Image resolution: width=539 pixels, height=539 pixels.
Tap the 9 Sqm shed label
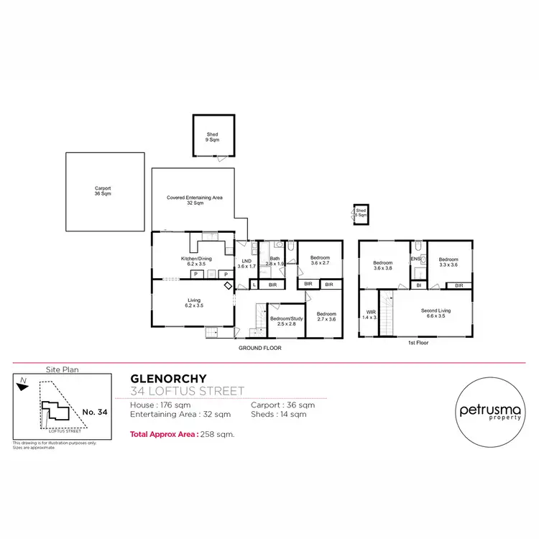pyautogui.click(x=212, y=137)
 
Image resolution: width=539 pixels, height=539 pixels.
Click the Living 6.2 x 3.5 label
pyautogui.click(x=193, y=303)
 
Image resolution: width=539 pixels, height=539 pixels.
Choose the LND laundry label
pyautogui.click(x=247, y=263)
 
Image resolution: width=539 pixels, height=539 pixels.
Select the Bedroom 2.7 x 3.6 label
pyautogui.click(x=326, y=317)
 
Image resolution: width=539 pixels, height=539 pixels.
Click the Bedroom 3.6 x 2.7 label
pyautogui.click(x=320, y=260)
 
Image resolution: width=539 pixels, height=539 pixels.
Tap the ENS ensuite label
pyautogui.click(x=415, y=259)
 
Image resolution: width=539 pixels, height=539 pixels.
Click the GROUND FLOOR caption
pyautogui.click(x=260, y=347)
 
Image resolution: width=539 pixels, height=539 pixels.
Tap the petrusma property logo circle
pyautogui.click(x=491, y=412)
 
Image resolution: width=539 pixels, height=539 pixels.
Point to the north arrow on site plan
pyautogui.click(x=24, y=384)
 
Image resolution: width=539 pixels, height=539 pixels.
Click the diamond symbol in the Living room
pyautogui.click(x=229, y=286)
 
